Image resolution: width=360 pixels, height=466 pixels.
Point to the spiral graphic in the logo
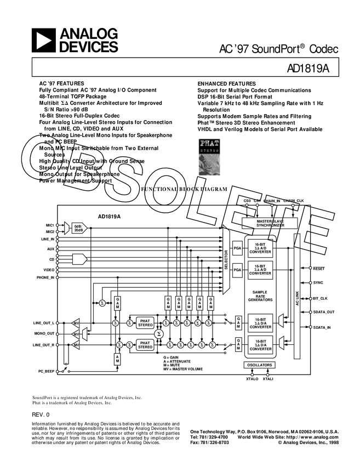[209, 164]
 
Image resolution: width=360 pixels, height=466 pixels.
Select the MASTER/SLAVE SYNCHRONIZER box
[270, 223]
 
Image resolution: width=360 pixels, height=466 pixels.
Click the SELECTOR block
[226, 260]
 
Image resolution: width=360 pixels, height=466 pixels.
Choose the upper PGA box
[238, 248]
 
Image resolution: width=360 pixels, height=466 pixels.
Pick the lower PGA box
[238, 270]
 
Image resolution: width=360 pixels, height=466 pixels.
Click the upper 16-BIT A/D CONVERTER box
[260, 248]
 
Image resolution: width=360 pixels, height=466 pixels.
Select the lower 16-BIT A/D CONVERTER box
[260, 270]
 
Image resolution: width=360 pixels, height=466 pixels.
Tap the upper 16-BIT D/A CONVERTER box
[260, 323]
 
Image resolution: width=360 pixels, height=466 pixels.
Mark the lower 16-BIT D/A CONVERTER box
[260, 345]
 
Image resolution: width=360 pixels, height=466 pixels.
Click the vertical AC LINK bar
[297, 296]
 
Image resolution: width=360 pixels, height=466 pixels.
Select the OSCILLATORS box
[259, 365]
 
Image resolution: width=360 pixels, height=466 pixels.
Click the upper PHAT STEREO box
[145, 323]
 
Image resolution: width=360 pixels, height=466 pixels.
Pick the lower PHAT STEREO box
[145, 345]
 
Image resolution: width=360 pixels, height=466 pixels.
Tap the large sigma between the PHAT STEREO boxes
[159, 334]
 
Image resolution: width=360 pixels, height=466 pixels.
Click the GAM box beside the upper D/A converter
[238, 323]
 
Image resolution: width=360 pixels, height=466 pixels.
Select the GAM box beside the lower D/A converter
[238, 345]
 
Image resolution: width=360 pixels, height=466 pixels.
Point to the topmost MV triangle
[76, 323]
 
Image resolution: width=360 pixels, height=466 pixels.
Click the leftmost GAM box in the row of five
[168, 303]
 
